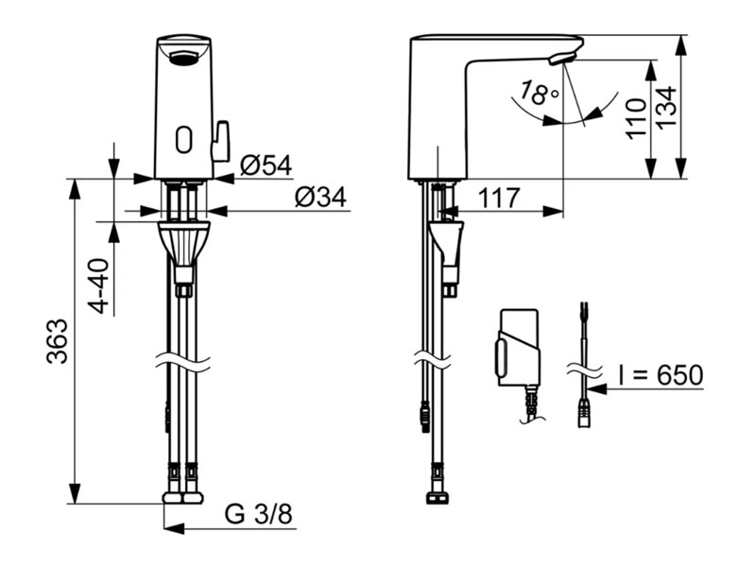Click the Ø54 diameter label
tap(266, 166)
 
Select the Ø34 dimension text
tap(320, 198)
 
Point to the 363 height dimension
tap(58, 340)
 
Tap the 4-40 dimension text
tap(100, 286)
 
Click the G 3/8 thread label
tap(258, 514)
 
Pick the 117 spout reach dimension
tap(499, 198)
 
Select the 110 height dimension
tap(636, 119)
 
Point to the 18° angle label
tap(539, 93)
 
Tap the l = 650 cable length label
tap(661, 375)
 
